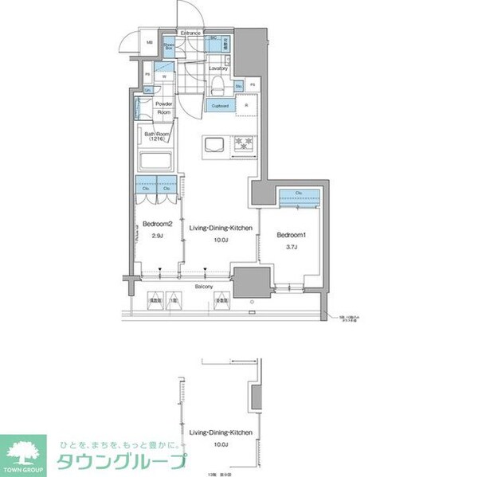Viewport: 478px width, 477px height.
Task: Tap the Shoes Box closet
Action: coord(170,47)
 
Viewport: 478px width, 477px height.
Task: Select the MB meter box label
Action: coord(149,42)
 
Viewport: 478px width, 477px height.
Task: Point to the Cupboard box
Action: coord(220,105)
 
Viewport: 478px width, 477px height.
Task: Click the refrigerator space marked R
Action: coord(245,105)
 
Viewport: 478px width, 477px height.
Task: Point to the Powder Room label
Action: coord(164,108)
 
